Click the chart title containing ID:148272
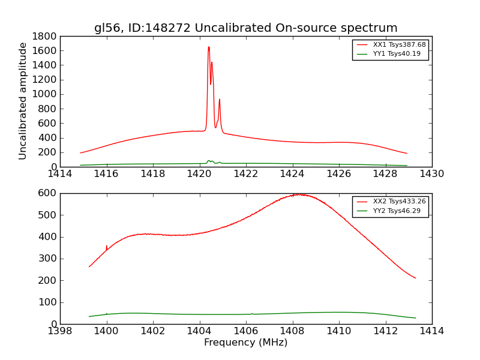[x=245, y=28]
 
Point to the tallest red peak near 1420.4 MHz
[x=208, y=47]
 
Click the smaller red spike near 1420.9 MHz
[x=220, y=100]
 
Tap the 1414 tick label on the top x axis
[x=60, y=174]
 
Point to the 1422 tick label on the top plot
[x=246, y=174]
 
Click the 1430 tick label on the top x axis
[x=432, y=174]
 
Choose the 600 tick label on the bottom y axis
[x=47, y=193]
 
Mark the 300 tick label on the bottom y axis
[x=47, y=259]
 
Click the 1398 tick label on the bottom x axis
[x=60, y=331]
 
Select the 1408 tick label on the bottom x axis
[x=292, y=331]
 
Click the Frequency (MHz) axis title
[x=245, y=343]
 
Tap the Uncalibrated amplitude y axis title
[x=23, y=101]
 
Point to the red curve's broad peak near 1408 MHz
[x=297, y=194]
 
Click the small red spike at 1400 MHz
[x=106, y=247]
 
